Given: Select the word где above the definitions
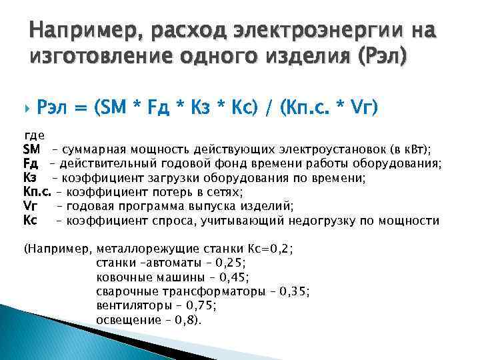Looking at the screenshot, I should coord(34,135).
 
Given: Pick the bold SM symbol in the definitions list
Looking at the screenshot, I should coord(32,148).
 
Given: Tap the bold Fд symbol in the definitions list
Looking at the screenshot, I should coord(31,163).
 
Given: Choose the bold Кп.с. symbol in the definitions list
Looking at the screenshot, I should coord(37,192).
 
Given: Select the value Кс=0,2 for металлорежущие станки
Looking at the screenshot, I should coord(269,249).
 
